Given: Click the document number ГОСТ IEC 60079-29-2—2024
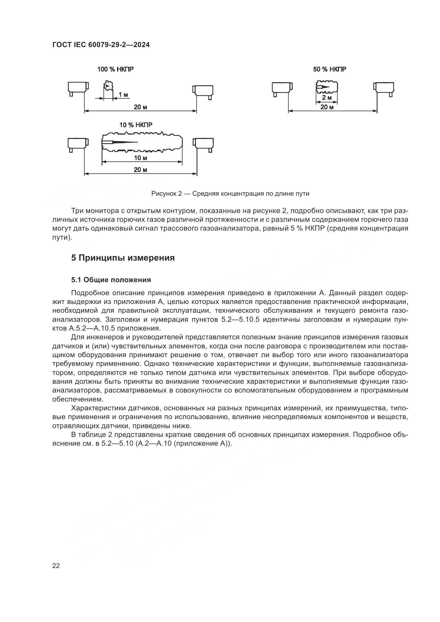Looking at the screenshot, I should tap(101, 45).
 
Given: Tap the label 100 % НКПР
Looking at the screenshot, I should tap(115, 69).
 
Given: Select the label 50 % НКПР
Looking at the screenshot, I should tap(329, 69).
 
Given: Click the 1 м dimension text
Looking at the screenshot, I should tap(123, 95).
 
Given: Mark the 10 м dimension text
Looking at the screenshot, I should tap(140, 158).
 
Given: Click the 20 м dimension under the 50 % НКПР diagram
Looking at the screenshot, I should tap(327, 107).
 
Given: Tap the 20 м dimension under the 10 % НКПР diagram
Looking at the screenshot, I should tap(140, 170).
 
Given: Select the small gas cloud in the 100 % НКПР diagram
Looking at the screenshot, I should tap(108, 86).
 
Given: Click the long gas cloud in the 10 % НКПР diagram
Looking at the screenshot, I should tap(142, 142).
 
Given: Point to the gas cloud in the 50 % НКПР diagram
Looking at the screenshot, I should tap(327, 87).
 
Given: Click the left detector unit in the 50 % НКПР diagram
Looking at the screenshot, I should tap(282, 89).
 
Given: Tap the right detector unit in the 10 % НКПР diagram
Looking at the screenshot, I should tap(203, 144).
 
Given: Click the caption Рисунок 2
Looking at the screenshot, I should tap(230, 194).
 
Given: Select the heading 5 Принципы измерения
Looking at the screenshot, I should tap(123, 258).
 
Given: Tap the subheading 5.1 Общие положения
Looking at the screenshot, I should tap(111, 280).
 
